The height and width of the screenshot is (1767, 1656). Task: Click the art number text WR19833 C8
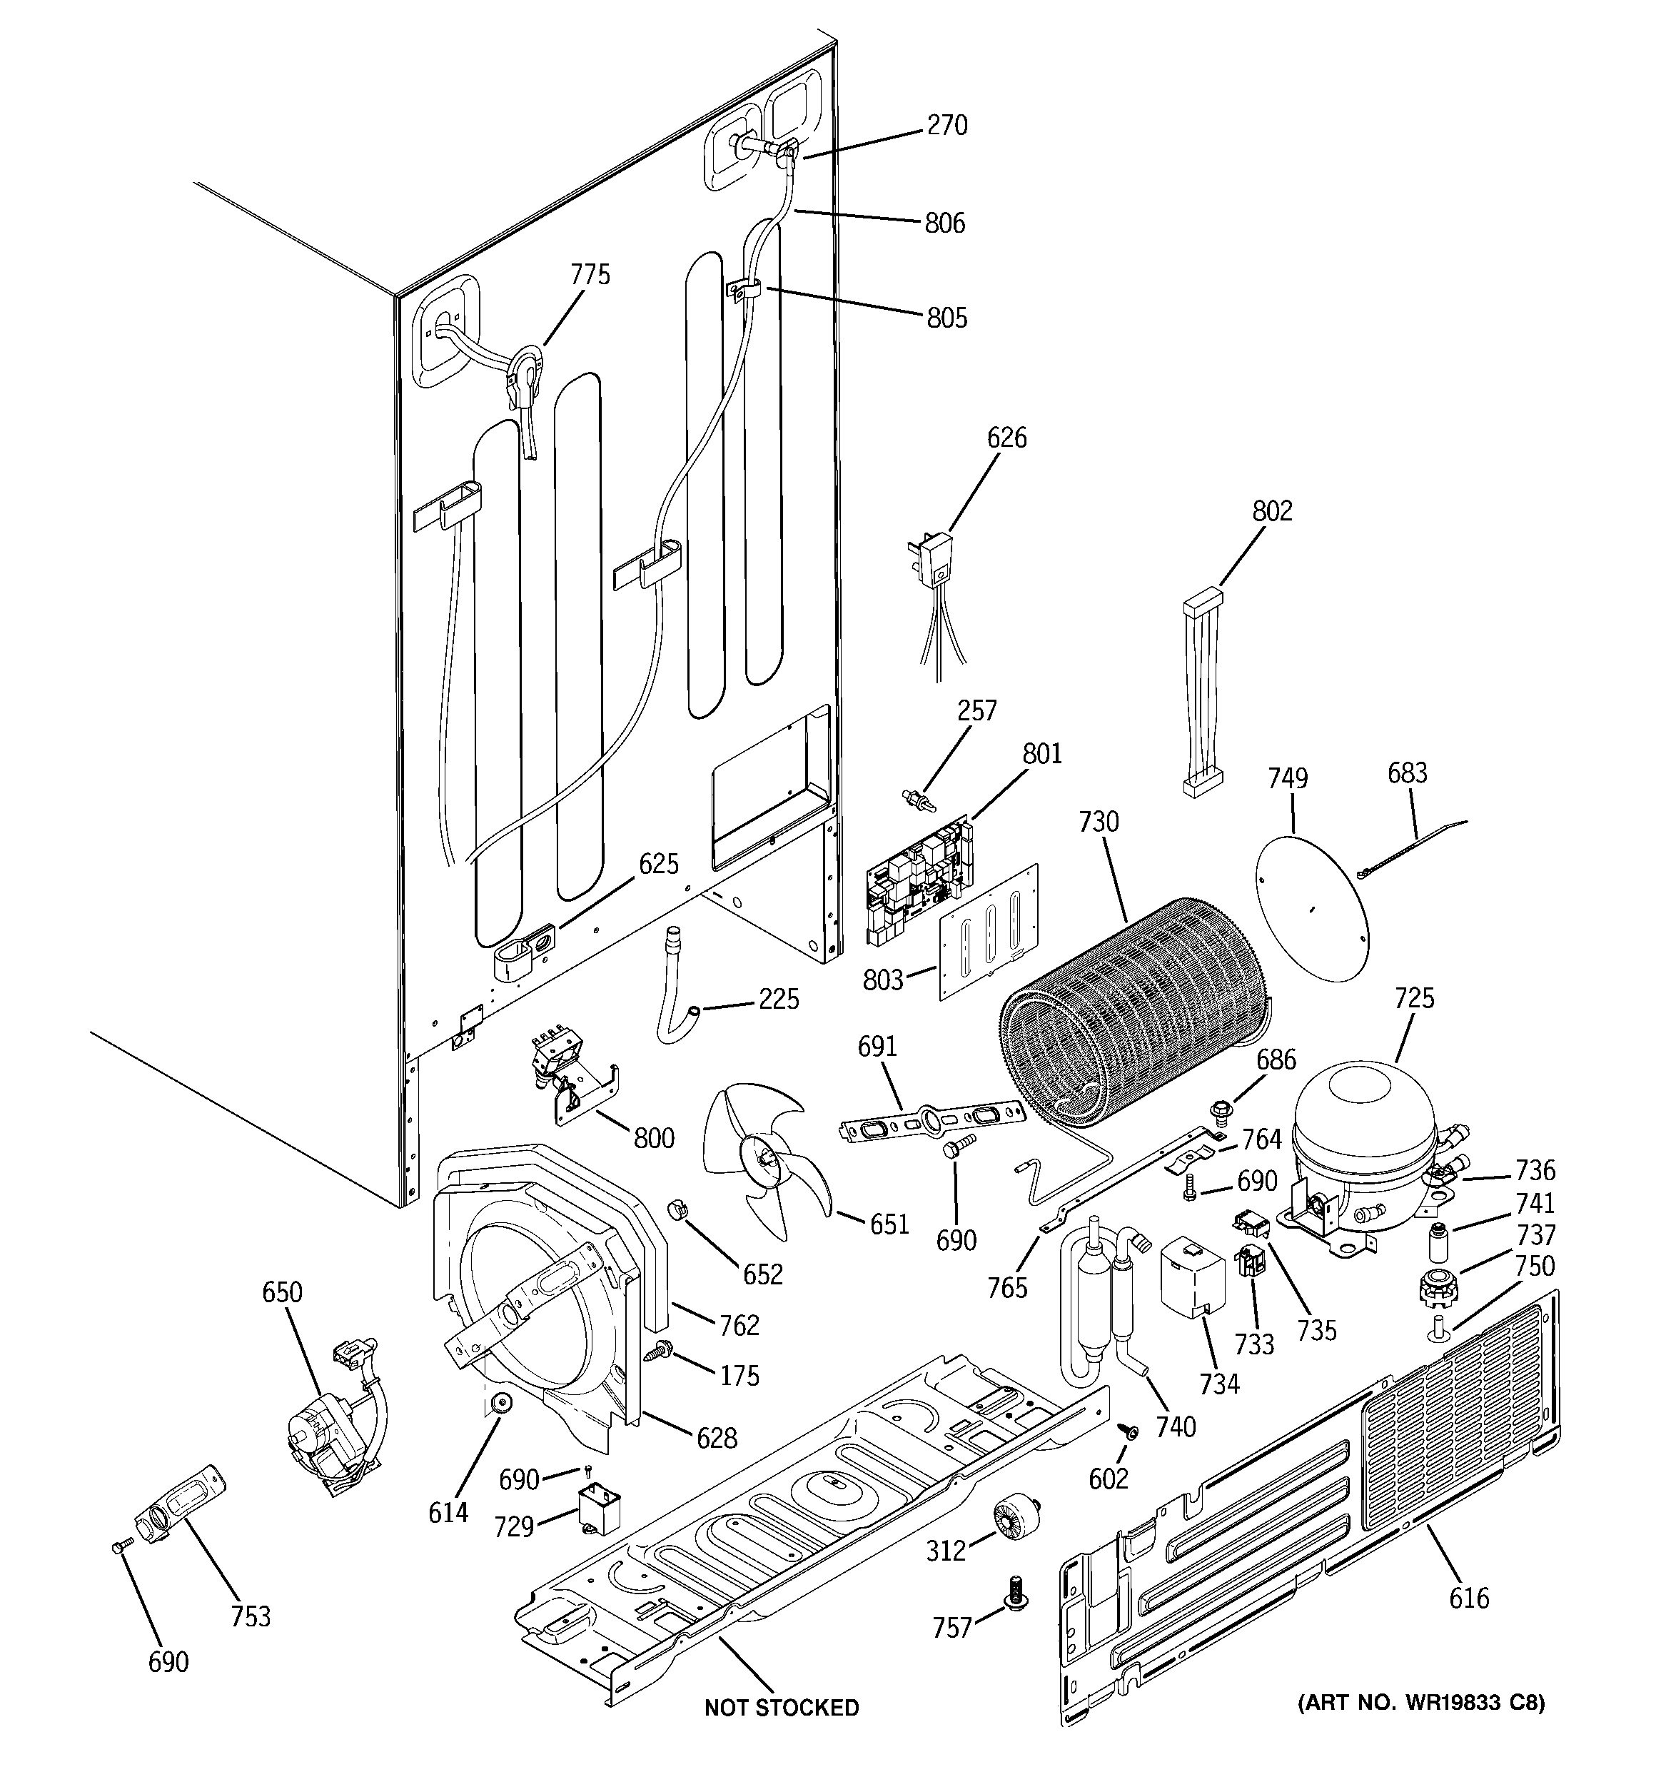pos(1420,1703)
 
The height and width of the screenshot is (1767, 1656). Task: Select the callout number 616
pos(1468,1598)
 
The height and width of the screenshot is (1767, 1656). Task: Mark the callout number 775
pos(590,275)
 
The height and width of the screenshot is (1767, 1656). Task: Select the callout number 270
pos(946,126)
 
